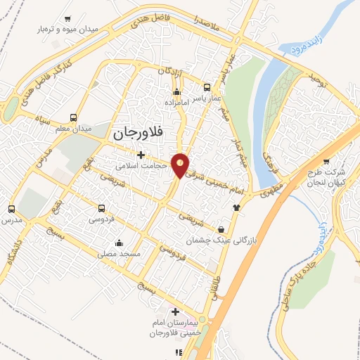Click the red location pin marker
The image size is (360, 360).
point(181,165)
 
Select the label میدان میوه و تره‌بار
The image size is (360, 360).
point(67,30)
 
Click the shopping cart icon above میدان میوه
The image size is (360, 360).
point(67,19)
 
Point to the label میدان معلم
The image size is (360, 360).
point(74,129)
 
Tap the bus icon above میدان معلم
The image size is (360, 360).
point(74,118)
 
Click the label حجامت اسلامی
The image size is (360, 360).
point(141,167)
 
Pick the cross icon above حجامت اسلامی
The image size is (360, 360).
point(141,155)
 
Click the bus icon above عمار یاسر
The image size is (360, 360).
point(207,88)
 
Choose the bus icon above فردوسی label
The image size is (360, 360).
point(102,209)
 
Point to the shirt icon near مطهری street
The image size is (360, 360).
point(236,207)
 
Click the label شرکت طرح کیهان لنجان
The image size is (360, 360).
point(328,177)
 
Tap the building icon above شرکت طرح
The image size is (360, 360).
point(345,161)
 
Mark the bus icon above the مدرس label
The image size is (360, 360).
point(11,209)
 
